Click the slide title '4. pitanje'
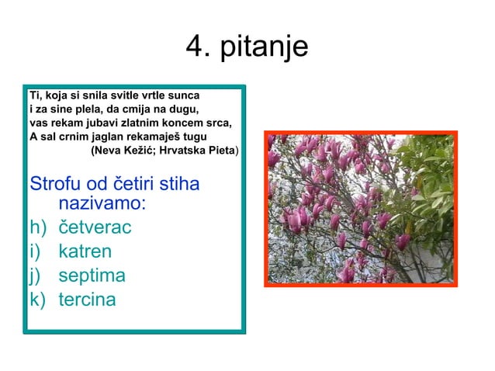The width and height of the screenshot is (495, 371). (247, 47)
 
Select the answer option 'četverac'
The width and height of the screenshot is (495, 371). (95, 227)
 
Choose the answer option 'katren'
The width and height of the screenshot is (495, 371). (85, 251)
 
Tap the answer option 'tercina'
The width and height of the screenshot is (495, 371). (88, 300)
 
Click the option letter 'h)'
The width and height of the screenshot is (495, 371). (37, 227)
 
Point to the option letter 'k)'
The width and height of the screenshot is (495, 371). (37, 300)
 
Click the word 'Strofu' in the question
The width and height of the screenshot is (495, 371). (54, 185)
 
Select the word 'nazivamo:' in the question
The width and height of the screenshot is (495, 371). (102, 204)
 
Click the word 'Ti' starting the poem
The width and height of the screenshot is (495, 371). (34, 95)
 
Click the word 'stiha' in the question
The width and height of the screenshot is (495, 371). (178, 185)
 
